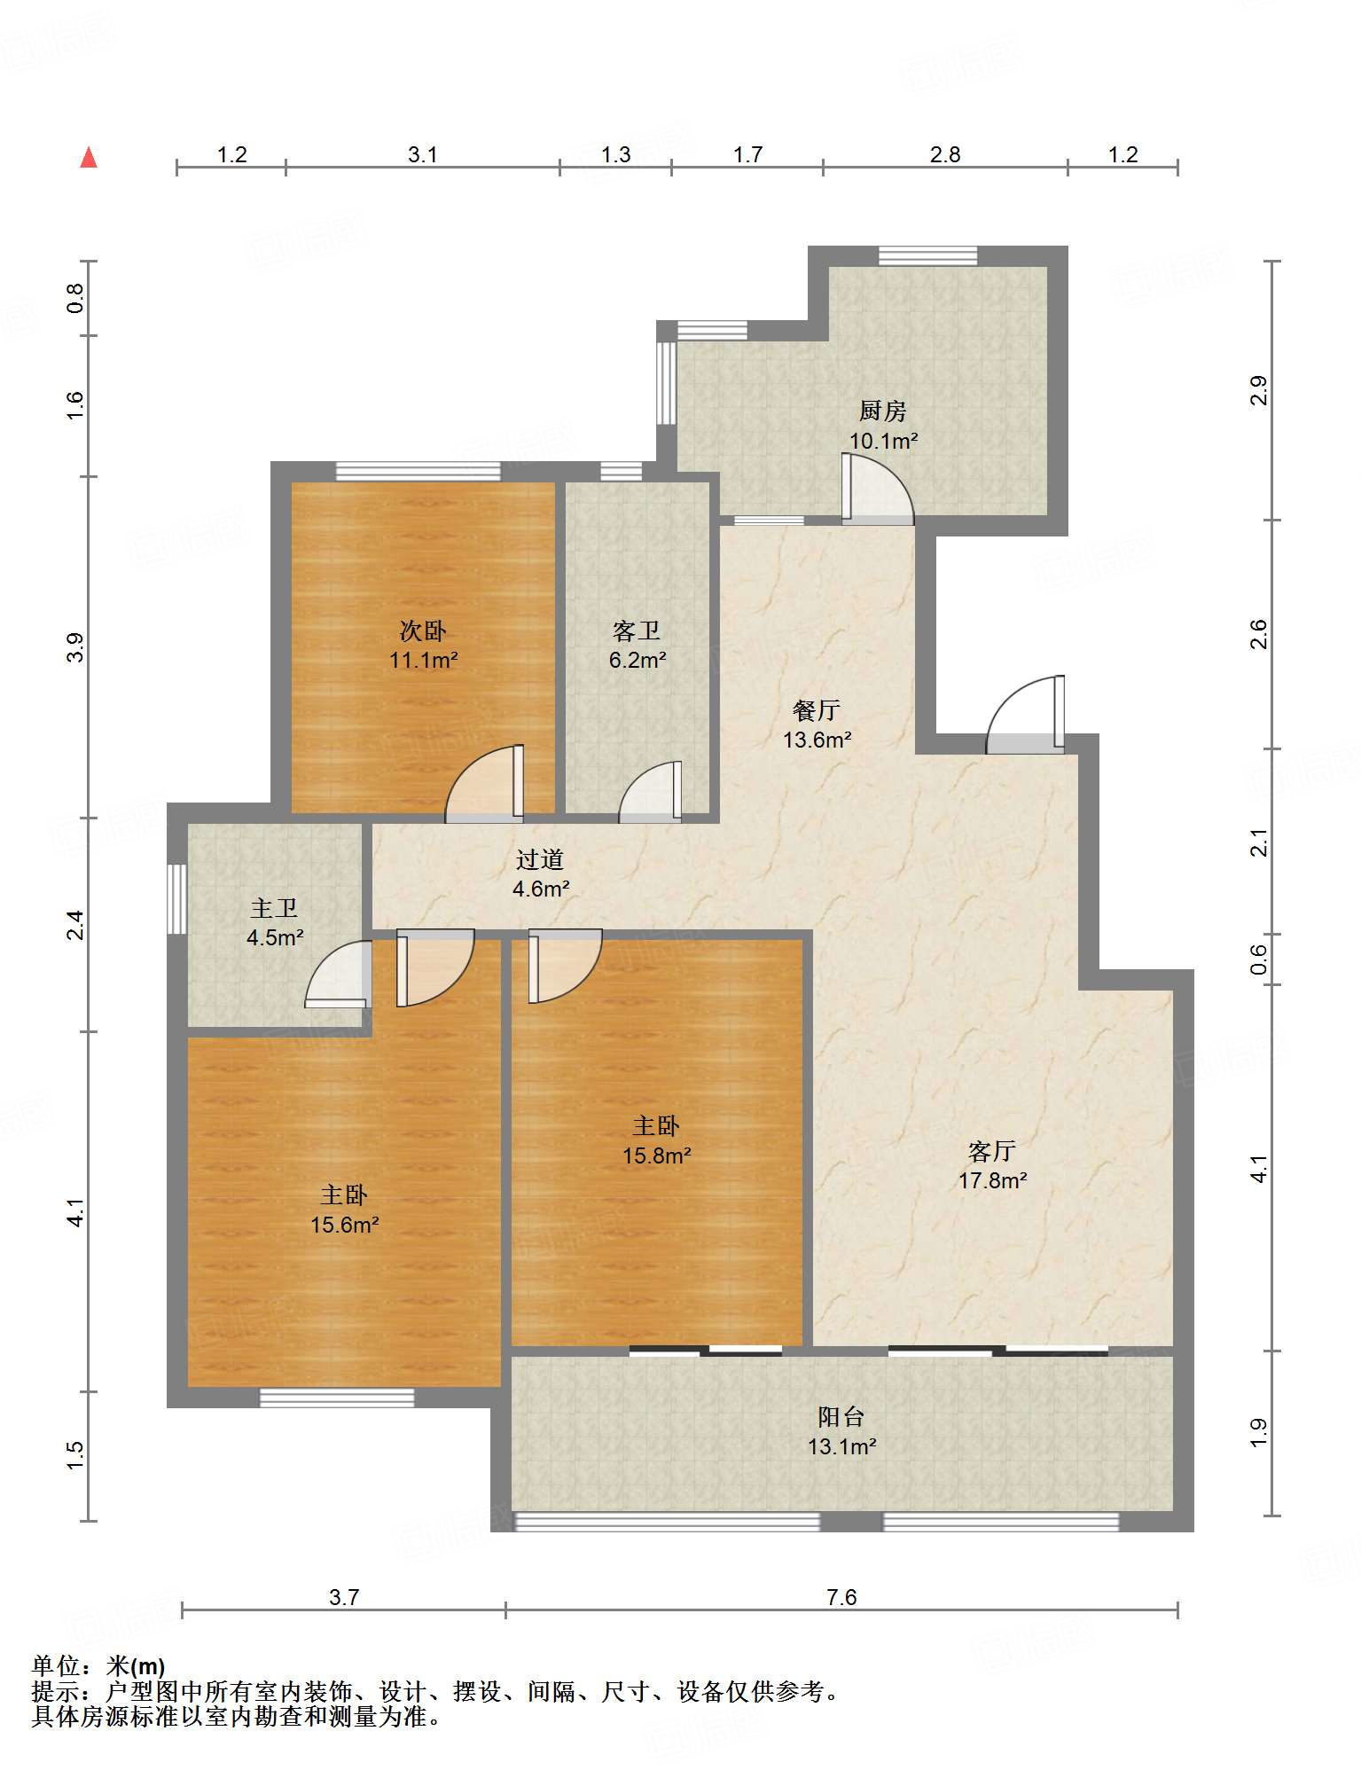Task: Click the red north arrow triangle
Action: [x=89, y=157]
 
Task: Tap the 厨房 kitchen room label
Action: [x=882, y=411]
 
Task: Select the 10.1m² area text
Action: [x=883, y=440]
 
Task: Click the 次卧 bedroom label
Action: [x=423, y=631]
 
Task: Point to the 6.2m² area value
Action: [x=637, y=660]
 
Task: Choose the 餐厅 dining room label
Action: [x=816, y=709]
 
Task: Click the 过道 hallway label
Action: [x=540, y=858]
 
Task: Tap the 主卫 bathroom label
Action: [x=274, y=908]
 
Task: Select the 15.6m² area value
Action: [x=345, y=1225]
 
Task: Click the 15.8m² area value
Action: [x=657, y=1155]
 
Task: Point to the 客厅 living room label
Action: [x=992, y=1151]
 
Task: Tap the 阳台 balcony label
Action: [x=841, y=1417]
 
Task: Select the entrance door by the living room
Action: [x=1025, y=715]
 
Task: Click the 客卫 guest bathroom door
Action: [x=650, y=792]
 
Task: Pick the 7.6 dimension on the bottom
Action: [x=841, y=1597]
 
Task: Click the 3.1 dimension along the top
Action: [x=423, y=154]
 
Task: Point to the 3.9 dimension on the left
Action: [x=76, y=647]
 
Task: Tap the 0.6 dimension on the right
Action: [x=1259, y=959]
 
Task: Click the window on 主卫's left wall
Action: [x=177, y=898]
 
